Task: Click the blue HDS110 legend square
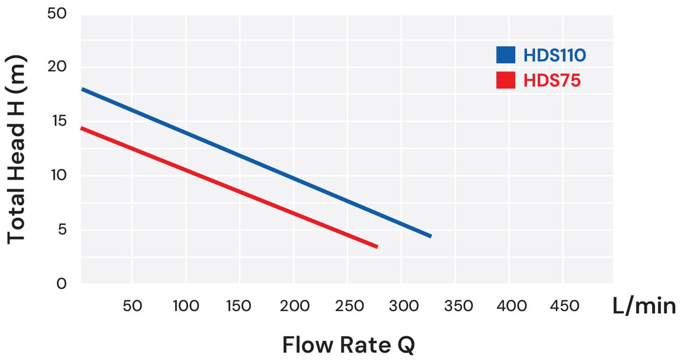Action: click(x=505, y=55)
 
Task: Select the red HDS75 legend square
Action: click(x=505, y=80)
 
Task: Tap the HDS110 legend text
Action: click(x=555, y=56)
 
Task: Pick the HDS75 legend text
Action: click(x=552, y=81)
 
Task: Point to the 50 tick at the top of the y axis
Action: click(x=57, y=14)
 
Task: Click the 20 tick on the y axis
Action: click(x=57, y=66)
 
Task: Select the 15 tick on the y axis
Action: click(x=59, y=121)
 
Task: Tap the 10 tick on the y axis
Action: click(x=58, y=175)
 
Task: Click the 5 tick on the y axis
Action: click(x=62, y=229)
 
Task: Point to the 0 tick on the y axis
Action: click(x=61, y=283)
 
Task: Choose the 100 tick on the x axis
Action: click(x=186, y=306)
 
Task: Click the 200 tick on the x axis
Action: click(x=295, y=306)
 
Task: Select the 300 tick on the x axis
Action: click(x=403, y=306)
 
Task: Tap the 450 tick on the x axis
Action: click(x=564, y=306)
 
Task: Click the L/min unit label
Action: click(x=644, y=306)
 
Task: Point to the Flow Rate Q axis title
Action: click(x=348, y=345)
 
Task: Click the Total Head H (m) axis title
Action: click(x=16, y=149)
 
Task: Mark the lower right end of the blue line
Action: click(x=431, y=236)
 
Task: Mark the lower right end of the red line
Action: click(x=377, y=247)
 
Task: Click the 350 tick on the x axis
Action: click(x=458, y=306)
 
